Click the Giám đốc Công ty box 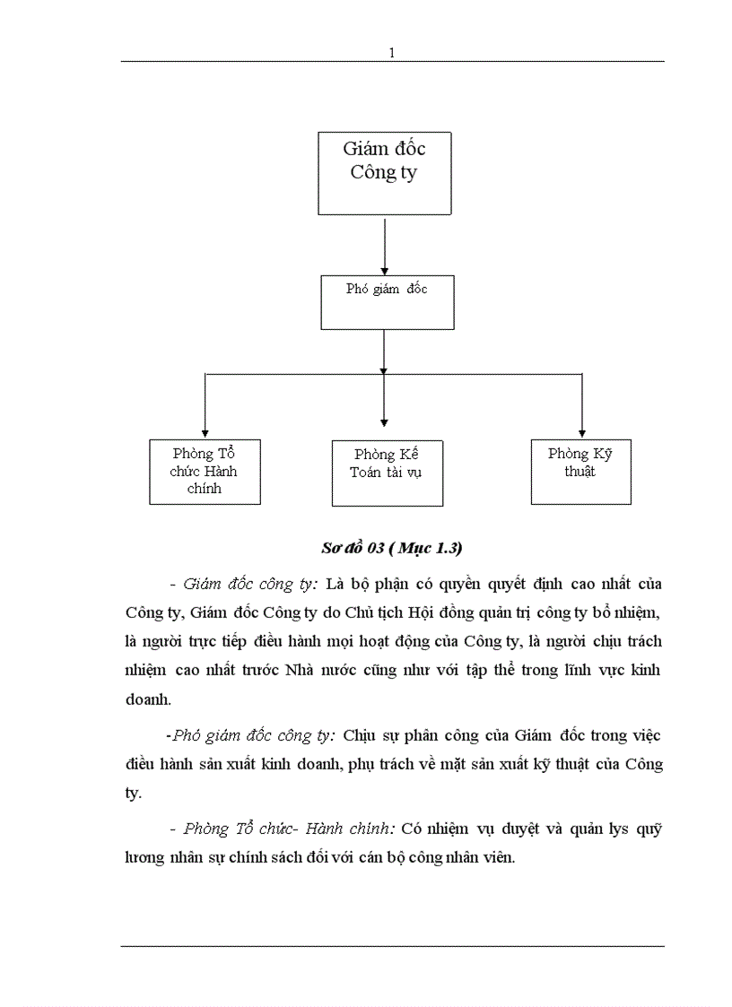click(384, 173)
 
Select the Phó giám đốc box click(387, 302)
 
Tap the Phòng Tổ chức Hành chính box click(205, 472)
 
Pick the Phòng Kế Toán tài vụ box click(386, 473)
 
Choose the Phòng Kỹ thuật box click(580, 471)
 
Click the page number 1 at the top click(392, 53)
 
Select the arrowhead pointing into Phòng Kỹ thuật click(581, 431)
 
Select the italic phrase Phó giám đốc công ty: click(253, 735)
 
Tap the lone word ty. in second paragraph click(134, 794)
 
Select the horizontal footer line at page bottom click(392, 945)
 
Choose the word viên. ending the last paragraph click(495, 857)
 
